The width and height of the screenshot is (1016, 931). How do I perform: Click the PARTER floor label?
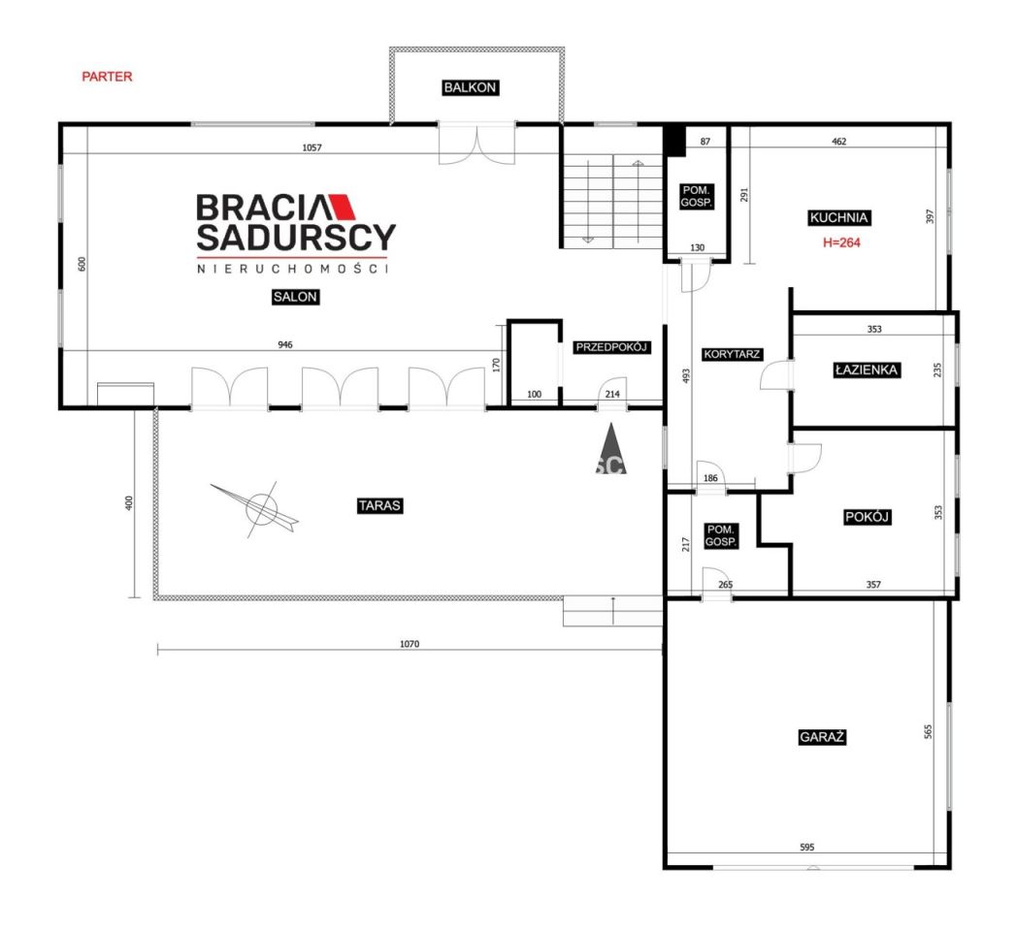pos(107,77)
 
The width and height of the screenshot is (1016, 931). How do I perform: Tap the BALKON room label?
pos(470,87)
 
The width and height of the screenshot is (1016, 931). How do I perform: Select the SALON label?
pos(295,297)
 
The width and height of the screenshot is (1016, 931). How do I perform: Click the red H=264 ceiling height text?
pos(841,242)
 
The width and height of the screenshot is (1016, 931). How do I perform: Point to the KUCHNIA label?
pos(838,217)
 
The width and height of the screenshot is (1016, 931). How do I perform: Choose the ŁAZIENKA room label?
pos(867,369)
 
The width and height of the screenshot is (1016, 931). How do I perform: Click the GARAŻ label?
pos(822,737)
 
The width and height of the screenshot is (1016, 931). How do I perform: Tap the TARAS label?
pos(379,505)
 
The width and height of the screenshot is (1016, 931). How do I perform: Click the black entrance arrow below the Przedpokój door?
pos(610,449)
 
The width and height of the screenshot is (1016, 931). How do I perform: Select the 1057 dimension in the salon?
pos(311,147)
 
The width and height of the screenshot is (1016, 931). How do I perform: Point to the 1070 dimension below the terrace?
pos(410,644)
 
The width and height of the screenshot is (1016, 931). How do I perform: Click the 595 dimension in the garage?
pos(806,847)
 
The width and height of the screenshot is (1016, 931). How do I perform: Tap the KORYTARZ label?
pos(732,354)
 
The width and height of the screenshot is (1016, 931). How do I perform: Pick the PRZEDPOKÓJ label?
pos(611,347)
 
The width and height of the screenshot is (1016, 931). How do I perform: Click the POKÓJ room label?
pos(867,517)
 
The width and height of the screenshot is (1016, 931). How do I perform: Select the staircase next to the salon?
pos(612,201)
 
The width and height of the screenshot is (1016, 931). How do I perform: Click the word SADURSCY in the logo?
pos(295,238)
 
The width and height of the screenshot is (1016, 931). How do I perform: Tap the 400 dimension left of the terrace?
pos(128,503)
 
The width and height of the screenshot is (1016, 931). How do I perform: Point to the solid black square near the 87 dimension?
pos(674,140)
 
